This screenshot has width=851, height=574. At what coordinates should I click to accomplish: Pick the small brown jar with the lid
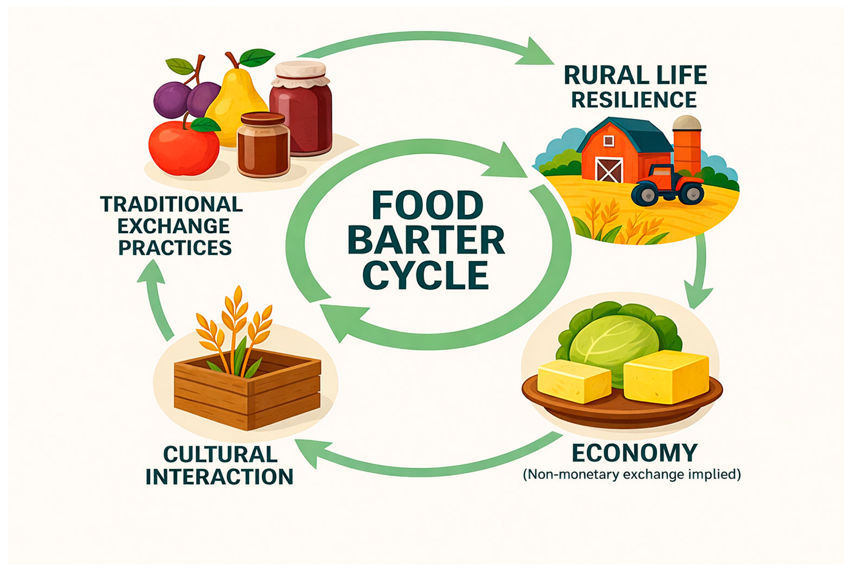click(x=263, y=146)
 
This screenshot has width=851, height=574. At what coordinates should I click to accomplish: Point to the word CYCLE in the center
click(x=426, y=275)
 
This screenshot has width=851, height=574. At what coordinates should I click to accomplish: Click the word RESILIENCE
click(x=634, y=100)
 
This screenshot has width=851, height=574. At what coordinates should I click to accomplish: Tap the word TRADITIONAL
click(x=172, y=204)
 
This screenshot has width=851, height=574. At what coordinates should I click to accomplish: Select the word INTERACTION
click(x=220, y=477)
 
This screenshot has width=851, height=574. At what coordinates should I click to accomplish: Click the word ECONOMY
click(x=635, y=453)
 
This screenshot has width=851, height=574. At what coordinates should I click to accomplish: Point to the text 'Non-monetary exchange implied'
click(x=632, y=475)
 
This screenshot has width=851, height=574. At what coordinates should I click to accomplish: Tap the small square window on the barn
click(x=608, y=141)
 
